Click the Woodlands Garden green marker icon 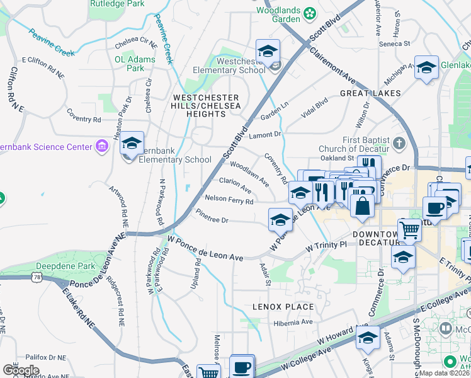310,13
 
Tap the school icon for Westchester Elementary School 268,51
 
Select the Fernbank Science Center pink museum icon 101,147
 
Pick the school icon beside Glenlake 426,67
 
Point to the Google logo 21,370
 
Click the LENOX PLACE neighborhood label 283,307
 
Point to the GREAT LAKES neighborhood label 370,93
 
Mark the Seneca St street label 395,43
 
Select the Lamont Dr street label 264,135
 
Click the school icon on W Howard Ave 368,338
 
